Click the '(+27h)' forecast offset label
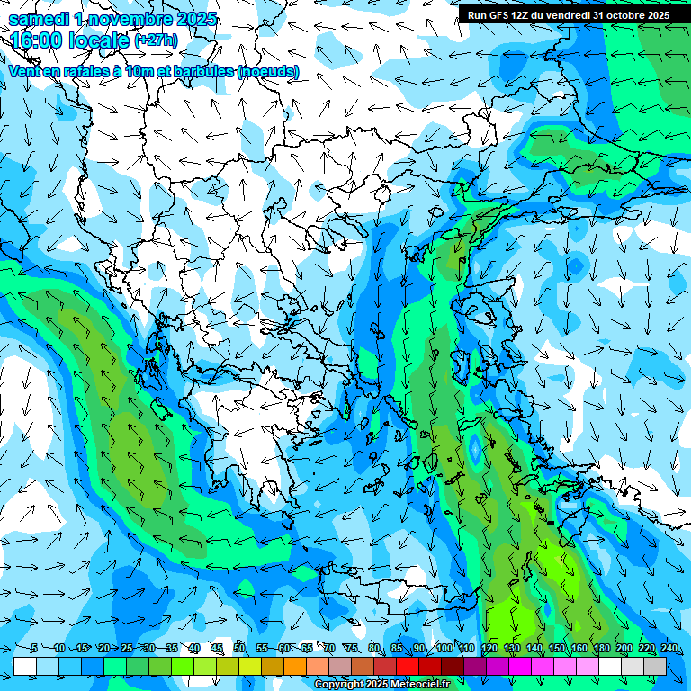[155, 40]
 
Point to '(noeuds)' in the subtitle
[267, 71]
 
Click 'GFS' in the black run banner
[504, 15]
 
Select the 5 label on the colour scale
[34, 648]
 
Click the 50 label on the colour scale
[239, 648]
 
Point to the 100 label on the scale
[444, 648]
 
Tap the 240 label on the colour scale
[669, 648]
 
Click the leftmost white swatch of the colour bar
[25, 666]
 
